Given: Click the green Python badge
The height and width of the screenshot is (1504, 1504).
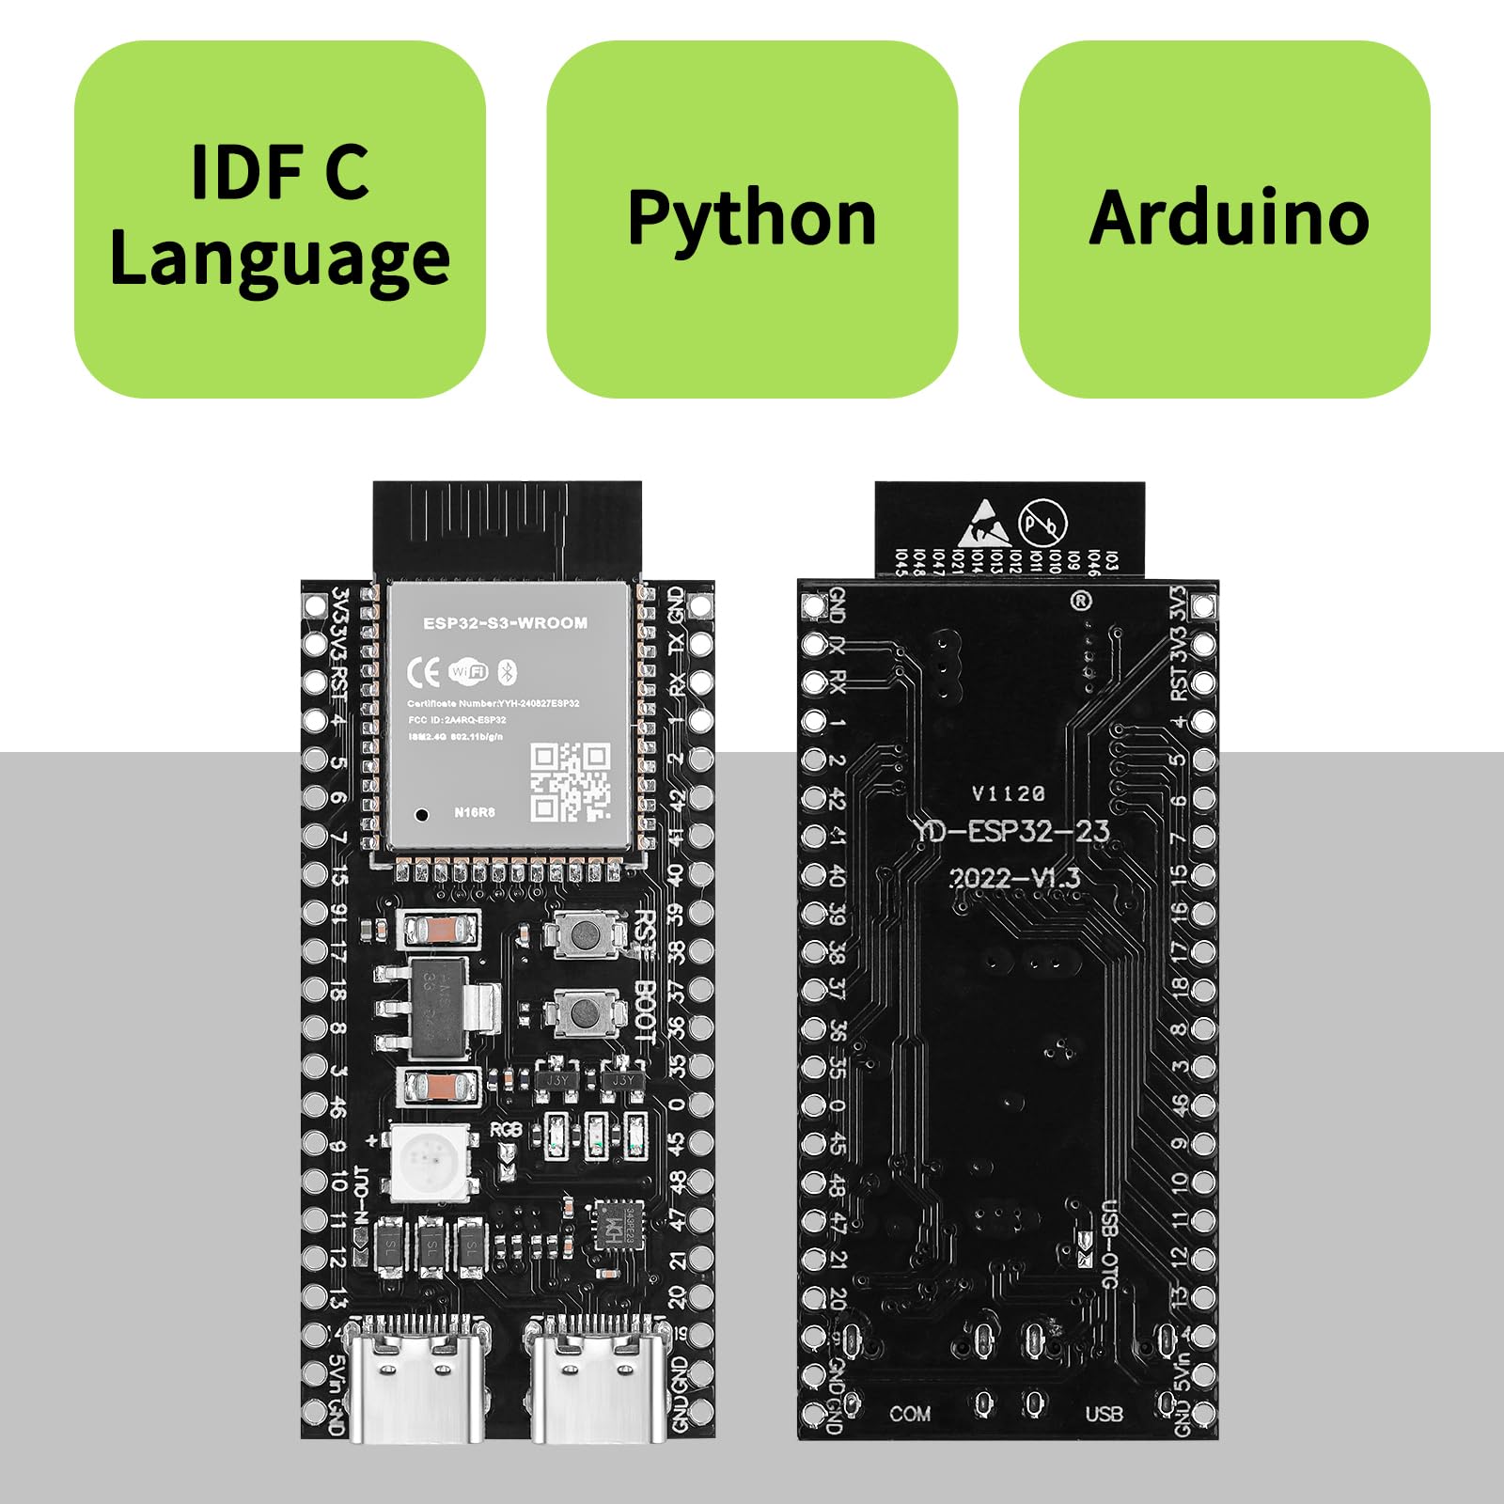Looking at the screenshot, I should point(752,218).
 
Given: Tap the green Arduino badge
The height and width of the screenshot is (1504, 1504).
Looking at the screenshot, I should point(1224,218).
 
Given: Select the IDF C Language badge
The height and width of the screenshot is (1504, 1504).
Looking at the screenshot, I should point(279,218).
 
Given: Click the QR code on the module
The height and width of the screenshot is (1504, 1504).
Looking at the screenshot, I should point(570,781).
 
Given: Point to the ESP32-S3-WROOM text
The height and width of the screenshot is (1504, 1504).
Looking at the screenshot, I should point(505,623).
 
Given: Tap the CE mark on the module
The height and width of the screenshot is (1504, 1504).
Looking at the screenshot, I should point(423,672).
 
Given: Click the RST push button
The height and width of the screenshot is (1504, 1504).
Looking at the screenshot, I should point(586,934).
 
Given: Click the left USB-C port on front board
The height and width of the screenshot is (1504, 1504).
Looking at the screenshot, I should point(415,1382).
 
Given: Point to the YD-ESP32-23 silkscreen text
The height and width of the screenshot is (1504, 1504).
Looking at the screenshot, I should point(1010,831).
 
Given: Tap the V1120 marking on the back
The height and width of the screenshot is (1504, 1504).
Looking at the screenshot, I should point(1008,794).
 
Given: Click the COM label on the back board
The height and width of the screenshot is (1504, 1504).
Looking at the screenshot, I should point(910,1414).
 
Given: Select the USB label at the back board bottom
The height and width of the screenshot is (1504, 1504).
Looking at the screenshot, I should point(1104,1414).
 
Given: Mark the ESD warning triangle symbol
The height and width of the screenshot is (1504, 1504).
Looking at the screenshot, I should point(983,525).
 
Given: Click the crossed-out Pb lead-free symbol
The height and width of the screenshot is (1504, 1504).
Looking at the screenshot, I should point(1043,521).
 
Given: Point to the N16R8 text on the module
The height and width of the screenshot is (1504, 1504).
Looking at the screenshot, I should point(474,812).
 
